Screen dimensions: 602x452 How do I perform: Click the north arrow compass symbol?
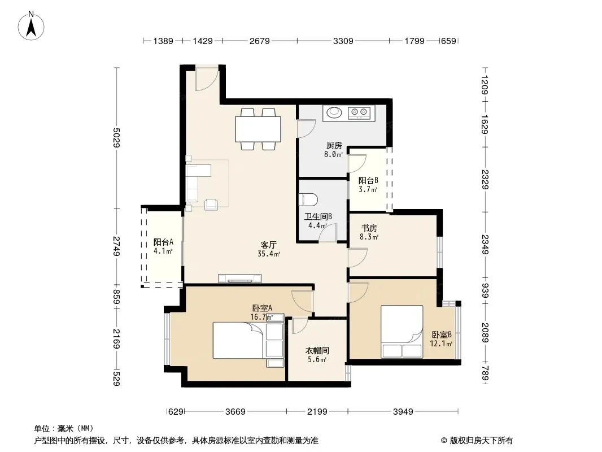click(31, 26)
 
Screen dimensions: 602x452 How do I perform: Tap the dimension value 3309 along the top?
click(343, 41)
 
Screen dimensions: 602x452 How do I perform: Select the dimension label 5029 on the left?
click(117, 137)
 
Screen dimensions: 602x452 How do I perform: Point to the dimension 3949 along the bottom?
click(403, 412)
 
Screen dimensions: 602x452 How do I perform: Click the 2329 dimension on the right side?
click(485, 179)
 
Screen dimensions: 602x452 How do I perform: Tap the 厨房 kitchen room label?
click(334, 146)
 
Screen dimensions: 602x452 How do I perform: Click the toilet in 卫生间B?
click(309, 199)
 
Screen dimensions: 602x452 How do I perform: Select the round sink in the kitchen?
click(334, 112)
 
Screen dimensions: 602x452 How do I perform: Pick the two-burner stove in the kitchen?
click(359, 113)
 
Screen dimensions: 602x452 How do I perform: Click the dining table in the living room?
click(258, 129)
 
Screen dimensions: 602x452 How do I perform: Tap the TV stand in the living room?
click(240, 279)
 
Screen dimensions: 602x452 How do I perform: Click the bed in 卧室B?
click(402, 332)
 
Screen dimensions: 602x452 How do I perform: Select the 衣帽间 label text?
click(317, 351)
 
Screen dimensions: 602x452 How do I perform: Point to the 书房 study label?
click(369, 228)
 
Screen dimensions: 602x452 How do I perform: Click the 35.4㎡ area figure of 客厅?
click(269, 254)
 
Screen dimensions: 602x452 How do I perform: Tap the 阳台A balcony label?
click(163, 242)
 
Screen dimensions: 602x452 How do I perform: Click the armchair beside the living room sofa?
click(212, 205)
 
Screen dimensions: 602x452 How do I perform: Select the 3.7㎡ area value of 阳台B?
click(368, 189)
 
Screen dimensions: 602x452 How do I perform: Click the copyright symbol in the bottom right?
click(444, 441)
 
